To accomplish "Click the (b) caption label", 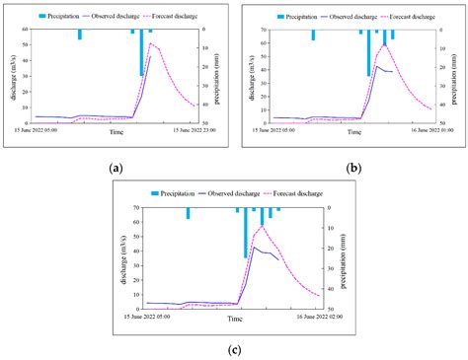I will point(354,169).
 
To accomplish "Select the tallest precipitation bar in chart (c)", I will point(245,233).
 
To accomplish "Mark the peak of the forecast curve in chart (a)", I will point(150,42).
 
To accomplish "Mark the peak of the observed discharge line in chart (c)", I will point(254,247).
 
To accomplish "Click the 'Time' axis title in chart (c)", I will point(235,320).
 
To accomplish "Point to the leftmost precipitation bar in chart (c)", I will point(188,213).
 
